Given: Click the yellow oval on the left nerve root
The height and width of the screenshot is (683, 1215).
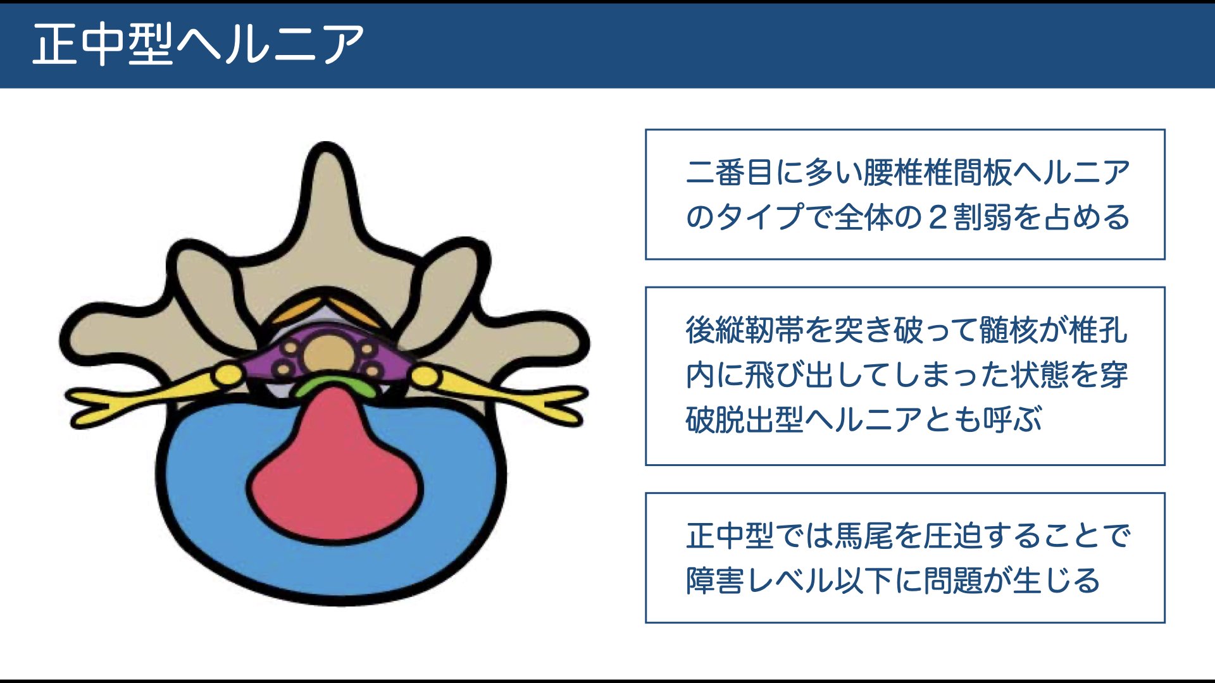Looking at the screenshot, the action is tap(227, 376).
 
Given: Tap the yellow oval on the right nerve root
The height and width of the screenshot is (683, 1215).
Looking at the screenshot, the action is tap(425, 377).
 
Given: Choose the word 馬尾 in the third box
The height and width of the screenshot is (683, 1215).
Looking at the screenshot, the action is tap(864, 536).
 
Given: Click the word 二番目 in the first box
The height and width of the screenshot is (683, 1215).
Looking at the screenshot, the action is tap(730, 172).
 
